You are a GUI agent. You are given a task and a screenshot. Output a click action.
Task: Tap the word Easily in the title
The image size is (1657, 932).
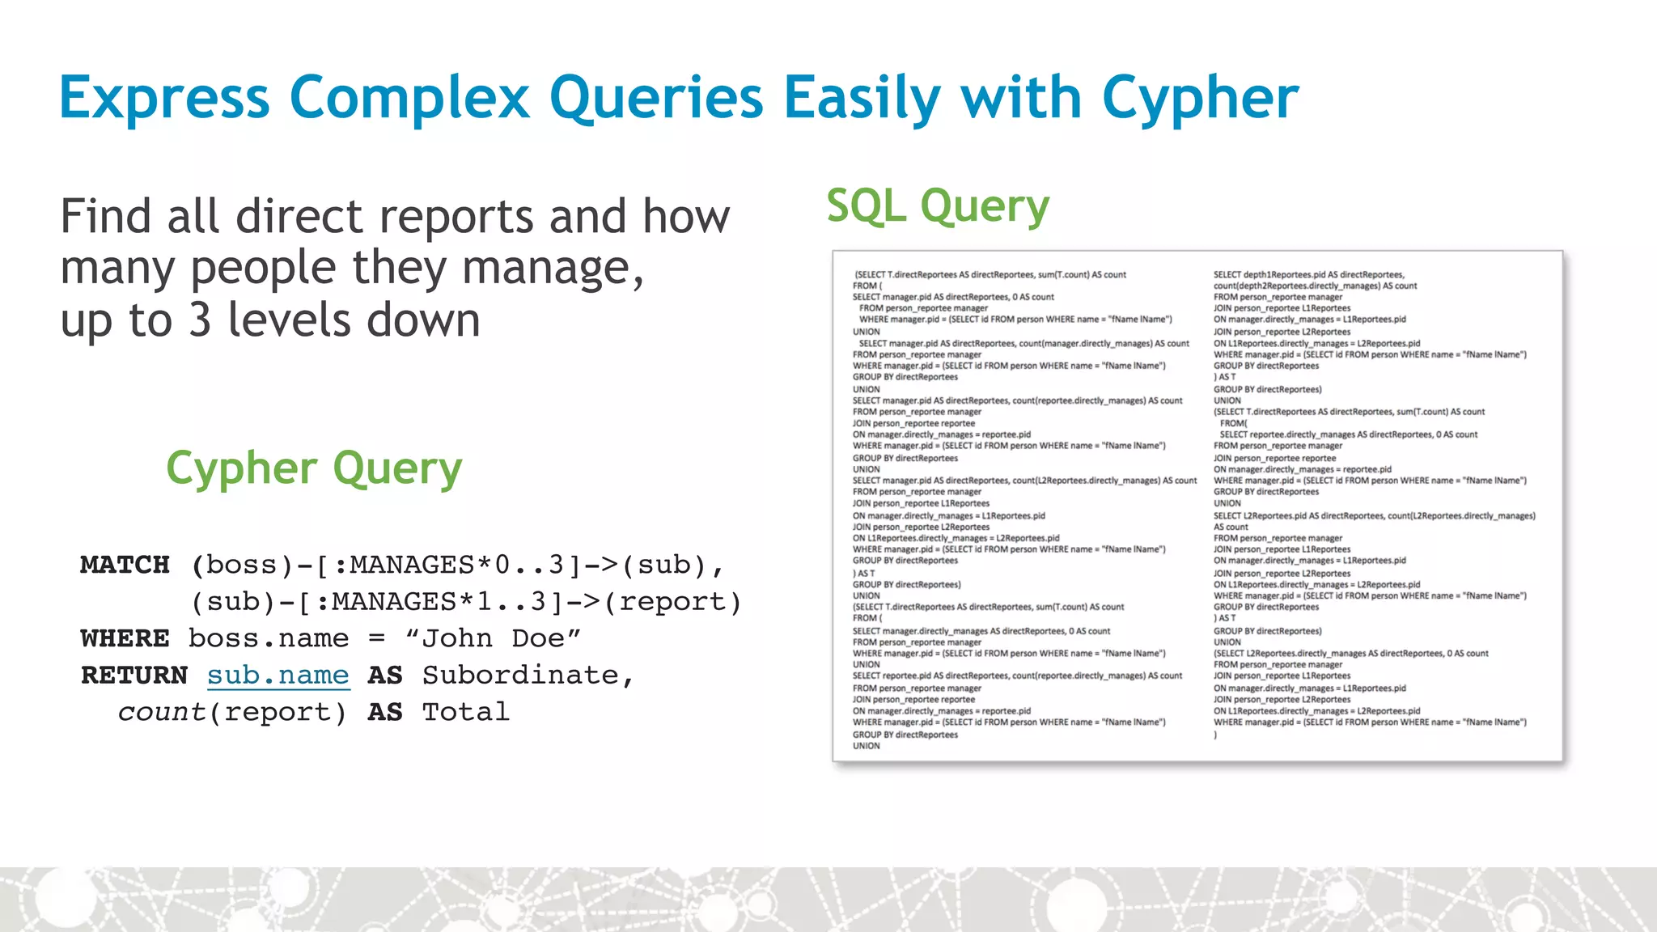[862, 99]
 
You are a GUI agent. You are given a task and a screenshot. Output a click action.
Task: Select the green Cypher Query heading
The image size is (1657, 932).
[314, 468]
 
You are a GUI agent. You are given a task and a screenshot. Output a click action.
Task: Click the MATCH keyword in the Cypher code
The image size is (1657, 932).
[125, 565]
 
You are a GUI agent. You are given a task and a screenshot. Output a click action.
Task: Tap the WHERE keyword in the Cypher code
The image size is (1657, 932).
[125, 638]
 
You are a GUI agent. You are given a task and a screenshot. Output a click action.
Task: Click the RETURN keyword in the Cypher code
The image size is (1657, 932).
[134, 675]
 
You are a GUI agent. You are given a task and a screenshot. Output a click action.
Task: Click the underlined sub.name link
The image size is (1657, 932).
[278, 675]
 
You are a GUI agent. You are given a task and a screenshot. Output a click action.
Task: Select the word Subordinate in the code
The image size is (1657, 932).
[520, 675]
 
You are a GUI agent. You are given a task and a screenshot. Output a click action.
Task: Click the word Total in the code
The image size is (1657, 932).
[466, 712]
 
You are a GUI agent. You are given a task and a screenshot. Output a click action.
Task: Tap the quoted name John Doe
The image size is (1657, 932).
[493, 638]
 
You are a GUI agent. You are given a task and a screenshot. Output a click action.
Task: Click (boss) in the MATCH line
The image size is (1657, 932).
[243, 565]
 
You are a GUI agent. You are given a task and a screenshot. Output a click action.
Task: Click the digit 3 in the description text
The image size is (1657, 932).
[200, 320]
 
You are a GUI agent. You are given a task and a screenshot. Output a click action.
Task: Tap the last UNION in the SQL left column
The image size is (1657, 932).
[866, 746]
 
